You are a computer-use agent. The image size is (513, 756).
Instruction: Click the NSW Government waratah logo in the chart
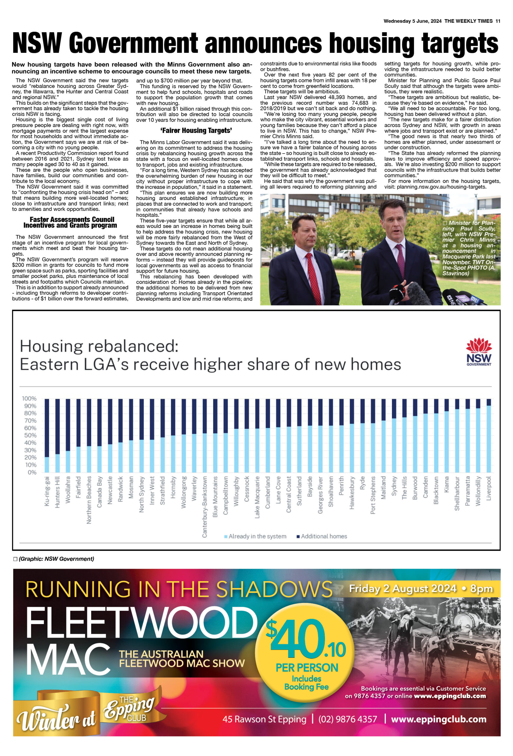478,352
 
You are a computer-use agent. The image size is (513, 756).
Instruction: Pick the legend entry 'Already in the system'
255,536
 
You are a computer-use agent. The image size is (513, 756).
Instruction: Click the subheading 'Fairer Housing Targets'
196,131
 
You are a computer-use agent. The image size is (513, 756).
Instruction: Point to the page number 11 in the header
498,21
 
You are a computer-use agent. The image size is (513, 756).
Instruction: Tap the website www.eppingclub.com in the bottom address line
439,719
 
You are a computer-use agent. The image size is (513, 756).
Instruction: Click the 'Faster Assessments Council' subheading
72,220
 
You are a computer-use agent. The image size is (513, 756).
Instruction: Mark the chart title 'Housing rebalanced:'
99,346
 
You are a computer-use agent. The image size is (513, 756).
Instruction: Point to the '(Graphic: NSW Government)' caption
54,559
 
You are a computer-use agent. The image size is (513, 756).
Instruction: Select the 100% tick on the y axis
29,398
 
